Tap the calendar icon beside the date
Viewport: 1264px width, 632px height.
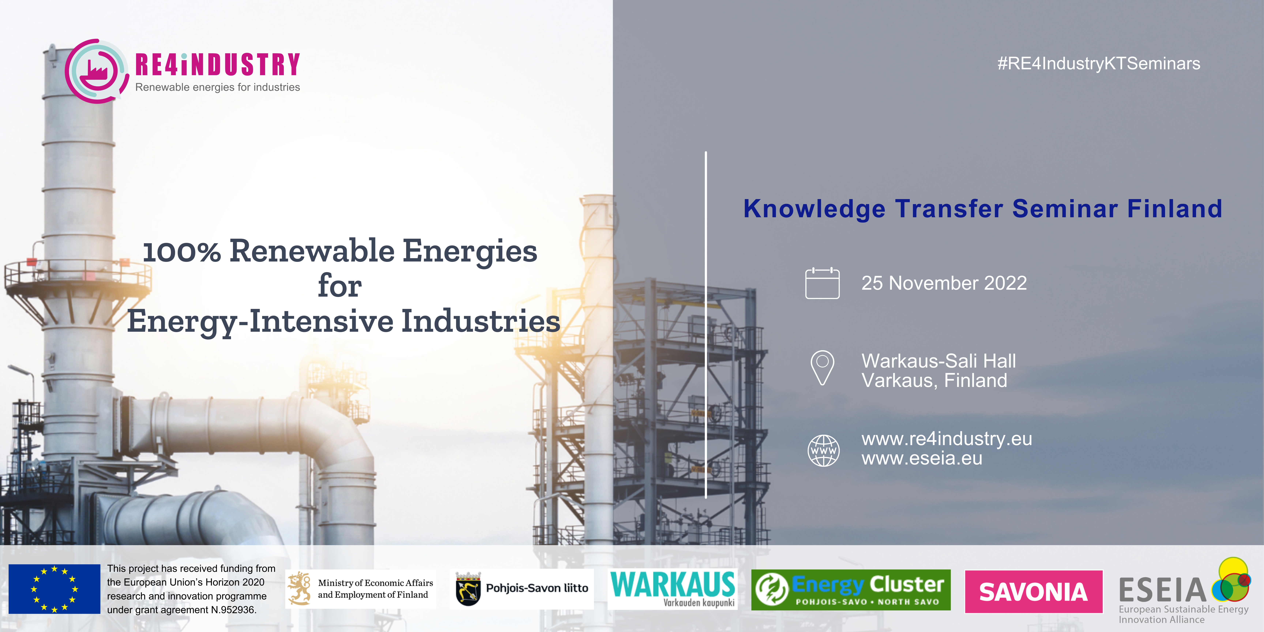(x=822, y=283)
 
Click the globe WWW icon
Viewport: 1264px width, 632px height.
(x=823, y=450)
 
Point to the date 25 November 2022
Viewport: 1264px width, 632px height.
(x=944, y=283)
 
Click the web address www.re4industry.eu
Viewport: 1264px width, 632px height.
(x=947, y=439)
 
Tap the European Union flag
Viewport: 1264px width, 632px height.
(x=54, y=589)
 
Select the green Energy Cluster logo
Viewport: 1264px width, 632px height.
(x=851, y=590)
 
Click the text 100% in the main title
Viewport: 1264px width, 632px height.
(x=182, y=252)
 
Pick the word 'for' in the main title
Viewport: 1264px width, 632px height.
(x=340, y=286)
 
